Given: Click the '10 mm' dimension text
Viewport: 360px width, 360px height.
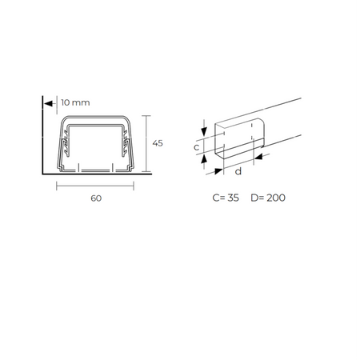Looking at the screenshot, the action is [x=75, y=102].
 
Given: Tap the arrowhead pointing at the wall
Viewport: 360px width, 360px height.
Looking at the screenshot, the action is [x=48, y=103].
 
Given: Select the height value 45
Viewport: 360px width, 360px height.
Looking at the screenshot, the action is [x=158, y=143].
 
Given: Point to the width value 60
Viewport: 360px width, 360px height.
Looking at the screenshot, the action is [x=96, y=198].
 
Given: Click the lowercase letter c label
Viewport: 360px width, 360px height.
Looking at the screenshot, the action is [x=197, y=147].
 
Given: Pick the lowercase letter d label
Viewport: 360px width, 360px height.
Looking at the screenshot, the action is [x=238, y=171].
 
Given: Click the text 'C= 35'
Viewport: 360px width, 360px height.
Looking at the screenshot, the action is [x=226, y=198].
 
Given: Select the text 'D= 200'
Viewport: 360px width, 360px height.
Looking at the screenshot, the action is [x=268, y=198].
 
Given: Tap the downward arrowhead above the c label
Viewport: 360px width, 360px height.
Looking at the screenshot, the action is [x=204, y=131].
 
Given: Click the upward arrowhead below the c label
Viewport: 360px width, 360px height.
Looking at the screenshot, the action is [x=204, y=159].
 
